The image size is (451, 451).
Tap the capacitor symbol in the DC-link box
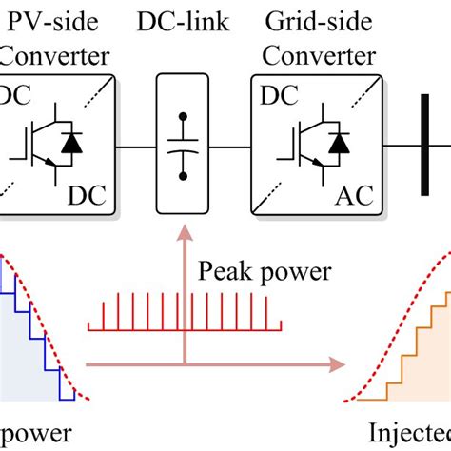point(181,148)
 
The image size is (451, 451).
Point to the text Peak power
point(264,273)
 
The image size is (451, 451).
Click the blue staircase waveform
point(38,333)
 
